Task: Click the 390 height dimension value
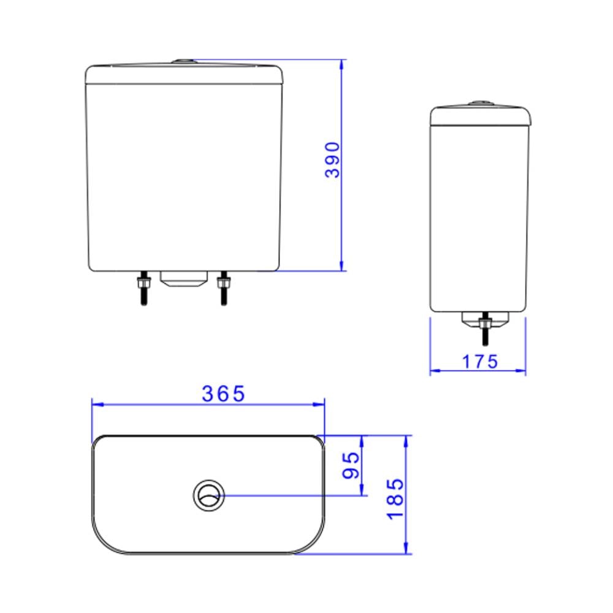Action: (332, 160)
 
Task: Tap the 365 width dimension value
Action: (224, 394)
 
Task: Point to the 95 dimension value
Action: (351, 466)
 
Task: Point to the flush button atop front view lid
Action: (183, 61)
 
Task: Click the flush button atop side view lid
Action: (479, 103)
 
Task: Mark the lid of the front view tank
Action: (183, 74)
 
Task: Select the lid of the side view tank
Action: (479, 116)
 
